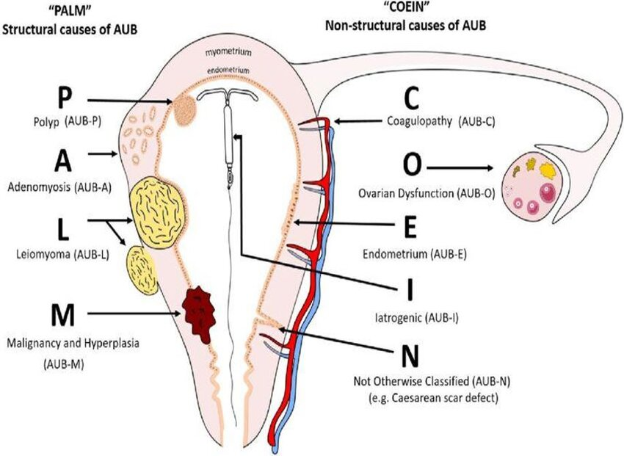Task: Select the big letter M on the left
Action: (x=63, y=315)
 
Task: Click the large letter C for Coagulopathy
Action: (x=412, y=98)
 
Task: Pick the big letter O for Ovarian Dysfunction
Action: (x=412, y=164)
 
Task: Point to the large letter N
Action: (x=410, y=357)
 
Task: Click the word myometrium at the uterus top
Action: (x=229, y=53)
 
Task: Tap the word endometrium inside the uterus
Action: (x=228, y=70)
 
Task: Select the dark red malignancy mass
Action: (x=199, y=314)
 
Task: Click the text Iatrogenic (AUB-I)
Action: (x=417, y=318)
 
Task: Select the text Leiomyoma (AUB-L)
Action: (x=63, y=254)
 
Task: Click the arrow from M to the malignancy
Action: (x=134, y=314)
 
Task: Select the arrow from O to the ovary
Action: (x=460, y=168)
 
